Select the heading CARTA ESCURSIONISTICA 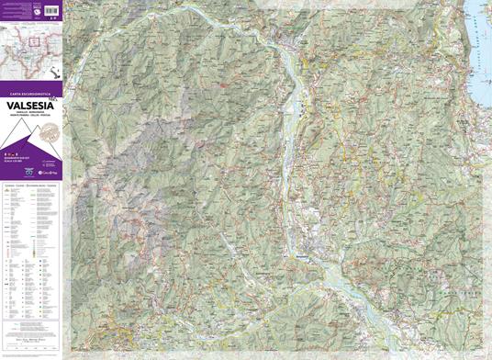pyautogui.click(x=28, y=94)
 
